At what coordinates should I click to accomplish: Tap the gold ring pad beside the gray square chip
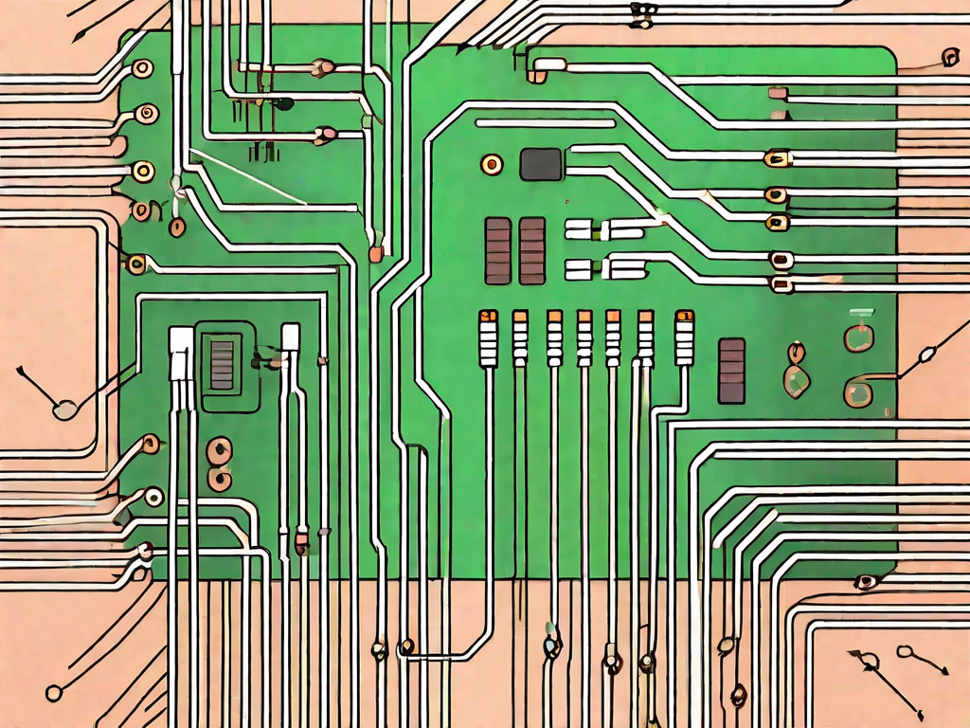pos(492,164)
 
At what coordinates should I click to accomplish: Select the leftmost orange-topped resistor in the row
pos(489,338)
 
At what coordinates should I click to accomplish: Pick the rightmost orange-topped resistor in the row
pos(683,338)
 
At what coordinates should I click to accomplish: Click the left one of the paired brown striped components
pos(497,250)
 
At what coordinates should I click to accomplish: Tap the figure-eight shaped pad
pos(796,370)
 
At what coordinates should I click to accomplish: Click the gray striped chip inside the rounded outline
pos(222,364)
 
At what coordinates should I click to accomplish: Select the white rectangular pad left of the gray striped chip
pos(181,355)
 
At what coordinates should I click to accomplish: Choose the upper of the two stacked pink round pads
pos(220,449)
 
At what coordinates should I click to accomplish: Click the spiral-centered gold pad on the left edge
pos(146,115)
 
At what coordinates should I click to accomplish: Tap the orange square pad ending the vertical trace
pos(375,253)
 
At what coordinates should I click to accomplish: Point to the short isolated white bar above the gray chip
pos(545,123)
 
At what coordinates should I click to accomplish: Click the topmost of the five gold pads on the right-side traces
pos(776,159)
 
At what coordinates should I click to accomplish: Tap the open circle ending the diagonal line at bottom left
pos(54,692)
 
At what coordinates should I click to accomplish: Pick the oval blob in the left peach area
pos(64,410)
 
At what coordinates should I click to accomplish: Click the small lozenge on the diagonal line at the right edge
pos(926,356)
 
